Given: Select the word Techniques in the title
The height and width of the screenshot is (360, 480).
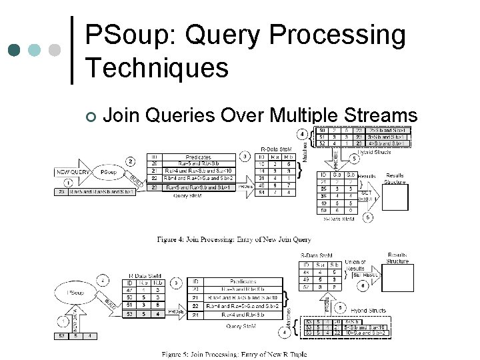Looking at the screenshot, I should tap(157, 67).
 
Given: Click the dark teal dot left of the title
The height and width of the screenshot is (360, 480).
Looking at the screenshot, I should tap(14, 50).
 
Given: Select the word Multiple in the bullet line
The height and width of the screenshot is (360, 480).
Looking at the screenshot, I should tap(301, 115).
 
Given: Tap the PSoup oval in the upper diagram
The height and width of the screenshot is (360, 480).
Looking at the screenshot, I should tap(109, 172).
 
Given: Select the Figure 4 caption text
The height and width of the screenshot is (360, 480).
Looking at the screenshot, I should tap(234, 239).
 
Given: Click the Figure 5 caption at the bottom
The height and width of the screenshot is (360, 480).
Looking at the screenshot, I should tap(236, 353).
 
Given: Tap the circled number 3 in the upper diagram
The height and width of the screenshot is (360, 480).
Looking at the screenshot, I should tap(246, 157).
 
